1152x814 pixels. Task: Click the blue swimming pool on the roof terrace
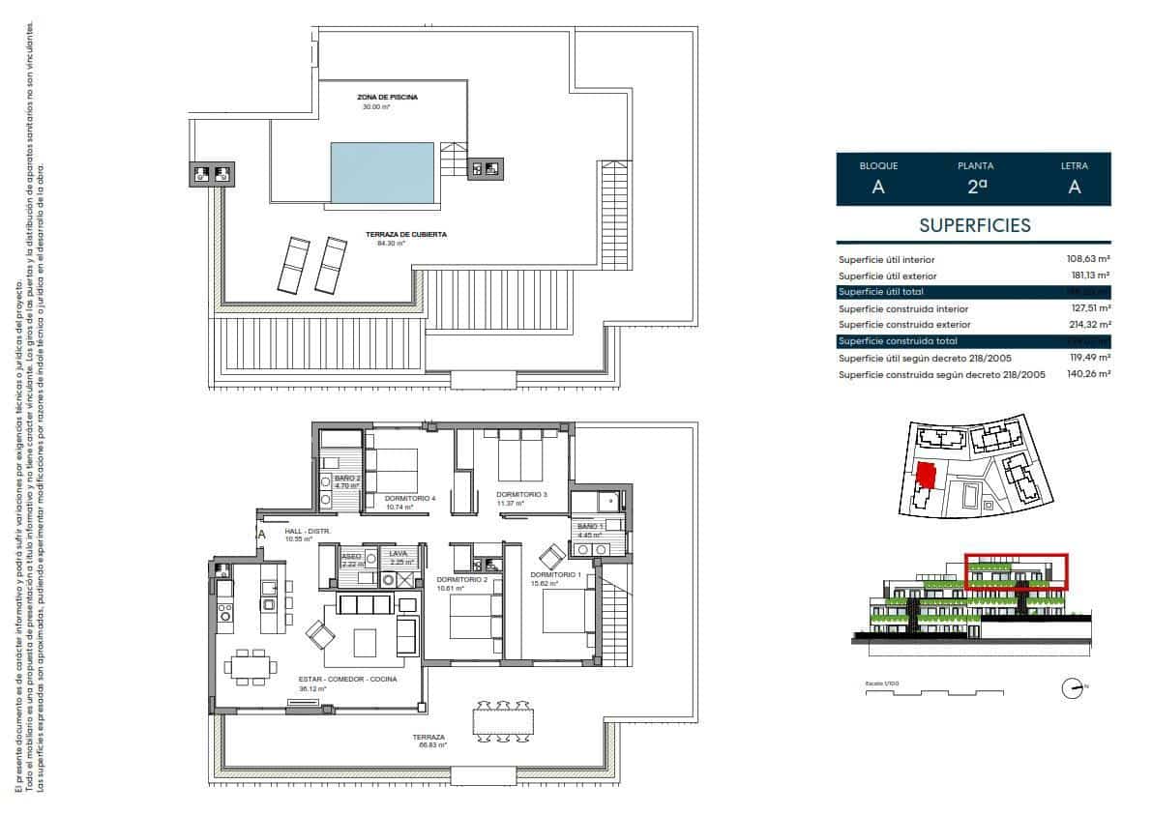click(381, 173)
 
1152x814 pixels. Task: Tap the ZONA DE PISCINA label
click(389, 98)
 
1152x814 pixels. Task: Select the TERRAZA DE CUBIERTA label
click(406, 235)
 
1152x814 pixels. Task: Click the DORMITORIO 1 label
click(555, 574)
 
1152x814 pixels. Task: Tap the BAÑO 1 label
click(591, 525)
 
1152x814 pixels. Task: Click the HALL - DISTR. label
click(309, 532)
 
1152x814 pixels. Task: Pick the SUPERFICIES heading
click(974, 226)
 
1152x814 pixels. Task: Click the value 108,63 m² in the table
click(1090, 259)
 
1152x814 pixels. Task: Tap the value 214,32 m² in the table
click(1090, 325)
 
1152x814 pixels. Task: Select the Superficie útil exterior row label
click(887, 276)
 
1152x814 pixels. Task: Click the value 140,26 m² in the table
click(1090, 373)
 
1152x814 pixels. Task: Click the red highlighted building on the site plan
click(927, 476)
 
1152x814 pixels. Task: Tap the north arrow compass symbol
click(1072, 689)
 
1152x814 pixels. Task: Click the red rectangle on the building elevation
click(1017, 572)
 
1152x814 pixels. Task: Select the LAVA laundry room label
click(399, 554)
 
